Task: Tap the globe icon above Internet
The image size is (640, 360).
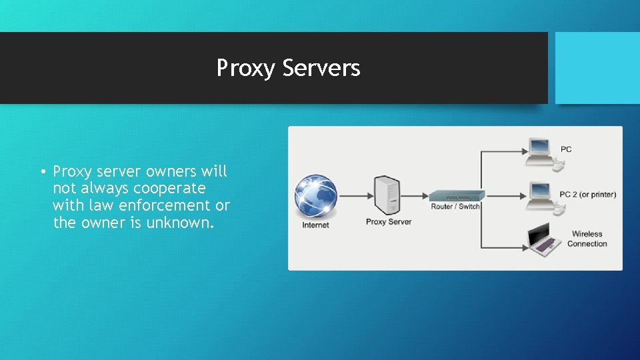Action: coord(316,196)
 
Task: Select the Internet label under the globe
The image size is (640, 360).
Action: coord(315,225)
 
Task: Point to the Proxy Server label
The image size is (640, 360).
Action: coord(389,222)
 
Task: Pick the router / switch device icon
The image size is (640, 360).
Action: coord(456,196)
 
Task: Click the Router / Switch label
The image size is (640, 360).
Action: coord(455,207)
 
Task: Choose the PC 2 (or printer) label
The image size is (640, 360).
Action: coord(587,195)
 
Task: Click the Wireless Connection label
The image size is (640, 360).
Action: coord(587,239)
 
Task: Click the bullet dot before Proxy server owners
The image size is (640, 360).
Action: coord(41,172)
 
